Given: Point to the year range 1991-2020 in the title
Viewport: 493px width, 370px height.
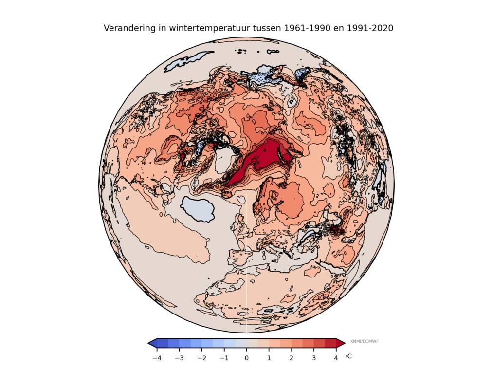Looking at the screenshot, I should coord(370,28).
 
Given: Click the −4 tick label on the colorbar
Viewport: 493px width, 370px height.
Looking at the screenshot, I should coord(157,358).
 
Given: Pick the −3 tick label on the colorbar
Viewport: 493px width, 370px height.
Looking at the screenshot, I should coord(179,358).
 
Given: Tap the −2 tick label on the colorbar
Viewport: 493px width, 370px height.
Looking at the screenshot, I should coord(201,358).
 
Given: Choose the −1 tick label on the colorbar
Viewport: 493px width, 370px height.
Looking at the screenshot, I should coord(224,358).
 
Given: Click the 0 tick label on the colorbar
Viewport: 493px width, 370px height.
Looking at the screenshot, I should coord(246,358).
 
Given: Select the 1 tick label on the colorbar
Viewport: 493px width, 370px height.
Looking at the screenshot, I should coord(269,358).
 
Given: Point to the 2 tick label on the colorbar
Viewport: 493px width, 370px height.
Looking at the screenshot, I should coord(292,358).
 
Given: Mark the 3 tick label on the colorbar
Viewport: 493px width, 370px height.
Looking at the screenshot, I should coord(314,358).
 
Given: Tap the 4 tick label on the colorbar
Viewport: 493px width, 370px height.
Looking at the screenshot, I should coord(336,358).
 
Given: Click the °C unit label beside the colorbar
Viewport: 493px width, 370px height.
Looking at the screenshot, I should coord(348,356).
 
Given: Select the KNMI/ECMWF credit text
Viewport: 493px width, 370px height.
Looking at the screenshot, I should coord(364,341).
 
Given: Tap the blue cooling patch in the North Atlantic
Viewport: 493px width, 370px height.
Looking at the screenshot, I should coord(198,209).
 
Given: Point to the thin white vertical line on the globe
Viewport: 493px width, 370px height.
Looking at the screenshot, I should coord(246,273).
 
